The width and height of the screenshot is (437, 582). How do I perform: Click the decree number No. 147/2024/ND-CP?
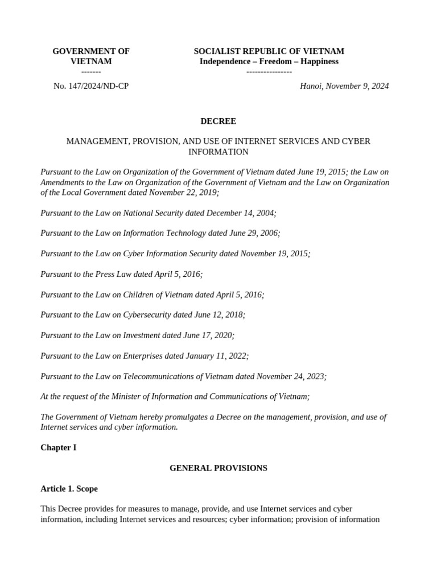tap(91, 86)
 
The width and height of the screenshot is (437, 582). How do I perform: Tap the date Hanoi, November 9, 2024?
tap(344, 86)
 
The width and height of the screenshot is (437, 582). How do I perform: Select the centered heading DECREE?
tap(218, 121)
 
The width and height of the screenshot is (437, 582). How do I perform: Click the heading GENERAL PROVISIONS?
tap(218, 468)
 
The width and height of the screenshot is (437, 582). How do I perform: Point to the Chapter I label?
tap(58, 448)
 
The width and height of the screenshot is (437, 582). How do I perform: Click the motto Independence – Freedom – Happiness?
tap(269, 61)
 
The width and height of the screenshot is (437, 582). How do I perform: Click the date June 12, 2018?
tap(218, 315)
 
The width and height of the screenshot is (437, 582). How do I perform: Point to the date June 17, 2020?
tap(207, 335)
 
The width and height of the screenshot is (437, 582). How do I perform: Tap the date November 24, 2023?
tap(291, 376)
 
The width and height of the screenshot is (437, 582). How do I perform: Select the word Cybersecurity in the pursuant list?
tap(147, 315)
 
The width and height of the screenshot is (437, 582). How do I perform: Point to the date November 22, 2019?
tap(183, 193)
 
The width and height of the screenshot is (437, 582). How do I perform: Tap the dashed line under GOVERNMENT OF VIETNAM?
tap(91, 72)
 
